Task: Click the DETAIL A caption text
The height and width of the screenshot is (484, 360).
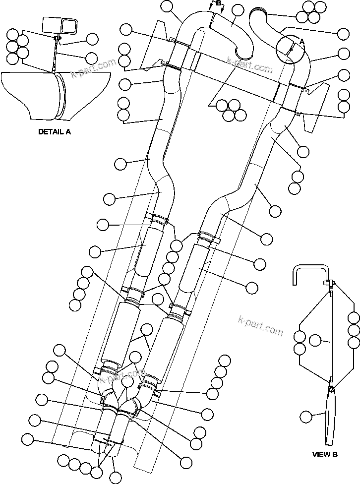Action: point(55,132)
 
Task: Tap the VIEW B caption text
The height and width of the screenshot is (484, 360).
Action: point(324,454)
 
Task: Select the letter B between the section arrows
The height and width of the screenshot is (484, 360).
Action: point(216,4)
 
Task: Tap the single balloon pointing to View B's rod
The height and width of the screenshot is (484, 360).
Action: point(315,340)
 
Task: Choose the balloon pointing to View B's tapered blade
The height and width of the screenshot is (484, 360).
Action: point(307,417)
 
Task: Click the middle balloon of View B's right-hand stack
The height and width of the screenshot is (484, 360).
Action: point(354,330)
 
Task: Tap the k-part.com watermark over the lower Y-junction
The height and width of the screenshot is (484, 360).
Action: point(122,376)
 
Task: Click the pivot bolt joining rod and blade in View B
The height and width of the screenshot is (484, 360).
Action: point(330,382)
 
